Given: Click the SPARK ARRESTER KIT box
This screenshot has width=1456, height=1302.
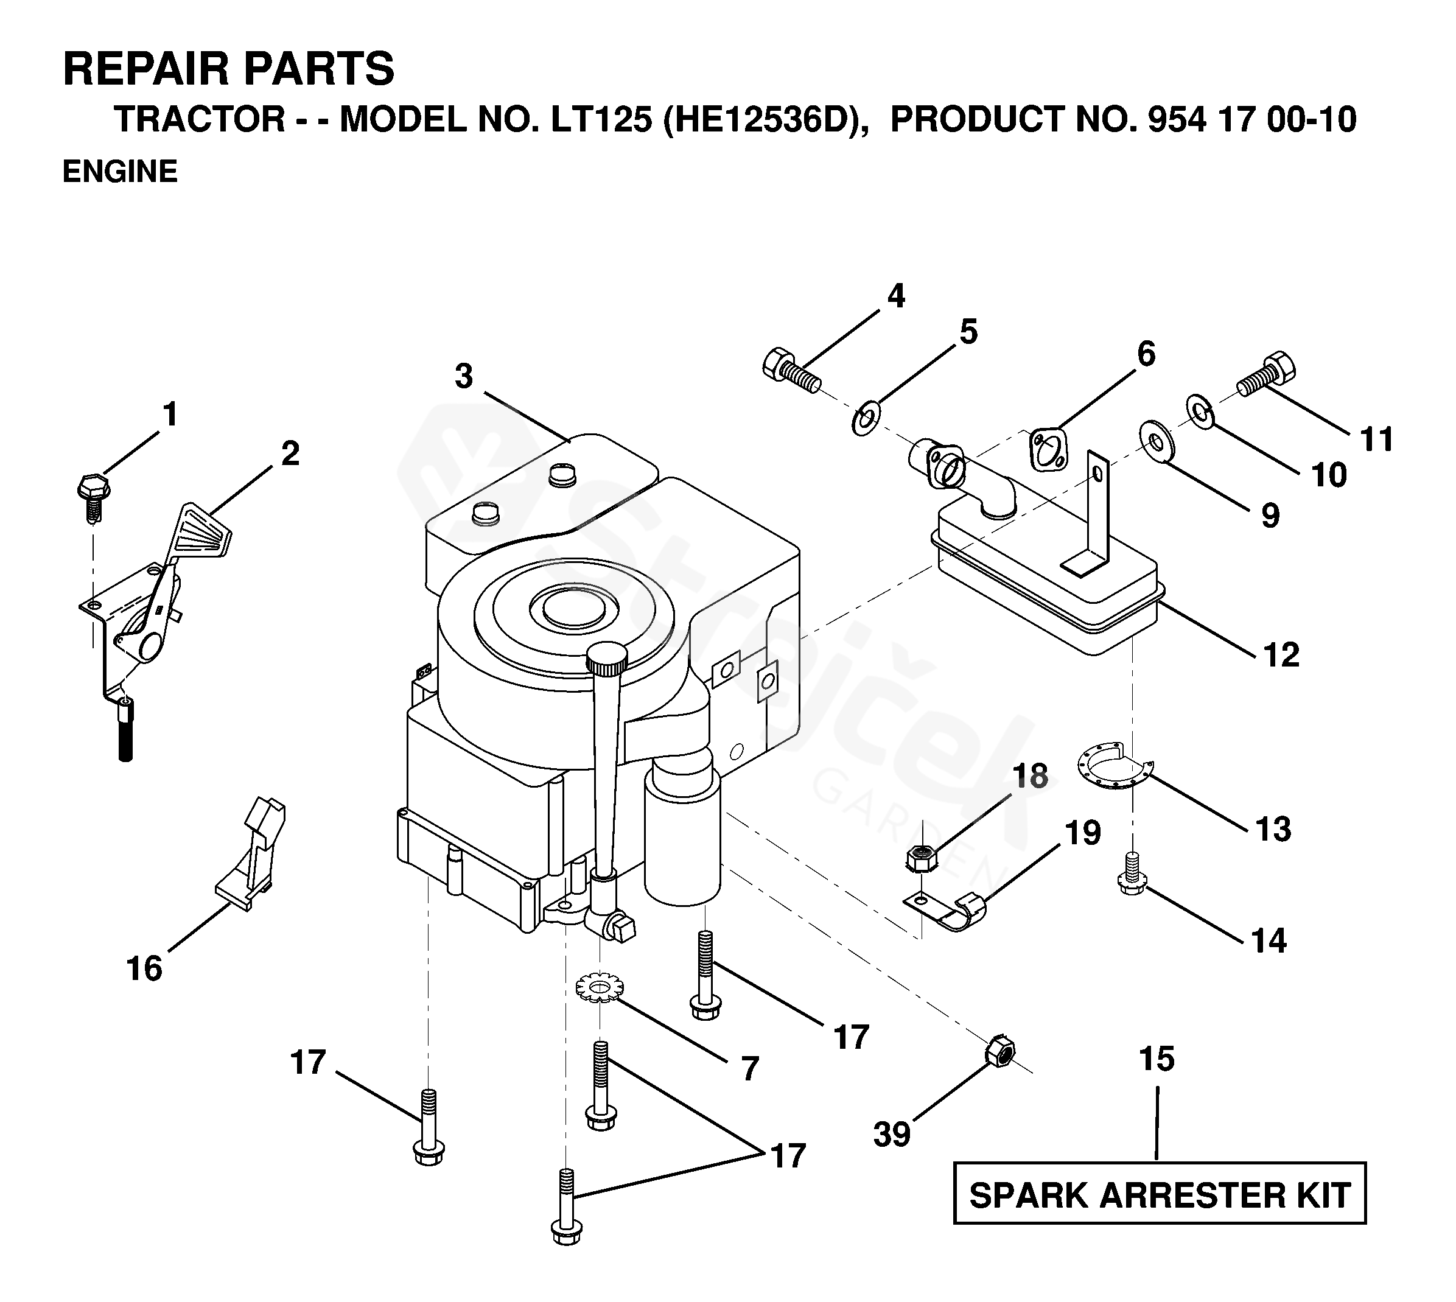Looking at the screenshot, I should (x=1159, y=1195).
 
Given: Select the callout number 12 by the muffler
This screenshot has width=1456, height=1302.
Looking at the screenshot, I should (x=1281, y=656).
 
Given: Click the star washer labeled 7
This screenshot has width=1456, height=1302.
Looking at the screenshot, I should (x=600, y=988).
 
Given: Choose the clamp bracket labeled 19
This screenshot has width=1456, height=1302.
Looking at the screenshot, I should (x=948, y=909).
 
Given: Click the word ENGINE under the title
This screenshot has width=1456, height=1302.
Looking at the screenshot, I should (x=120, y=172).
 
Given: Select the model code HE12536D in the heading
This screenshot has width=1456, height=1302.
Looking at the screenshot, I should (x=761, y=119).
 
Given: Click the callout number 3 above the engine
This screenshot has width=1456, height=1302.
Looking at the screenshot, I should (x=464, y=377).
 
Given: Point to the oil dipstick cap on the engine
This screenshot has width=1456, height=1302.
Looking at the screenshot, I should (x=607, y=654).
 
